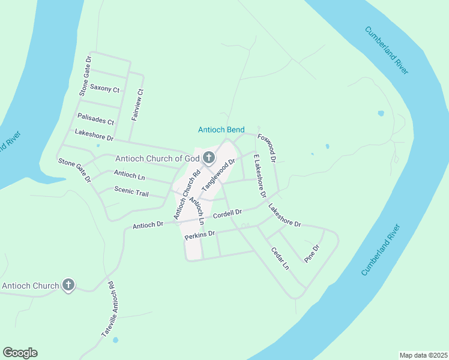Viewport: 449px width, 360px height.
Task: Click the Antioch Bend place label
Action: [220, 130]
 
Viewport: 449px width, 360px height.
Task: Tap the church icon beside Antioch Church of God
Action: [209, 158]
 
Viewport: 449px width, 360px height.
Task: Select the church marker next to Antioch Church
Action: [68, 286]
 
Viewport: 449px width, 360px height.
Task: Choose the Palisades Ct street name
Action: [96, 120]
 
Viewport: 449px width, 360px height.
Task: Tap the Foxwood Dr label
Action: [267, 148]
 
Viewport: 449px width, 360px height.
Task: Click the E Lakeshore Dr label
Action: [259, 176]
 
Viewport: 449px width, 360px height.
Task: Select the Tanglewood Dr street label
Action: [218, 175]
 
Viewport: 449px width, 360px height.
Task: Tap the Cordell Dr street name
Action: [227, 213]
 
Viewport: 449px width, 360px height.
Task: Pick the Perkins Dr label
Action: [199, 235]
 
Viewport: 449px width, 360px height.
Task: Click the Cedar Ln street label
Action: [280, 258]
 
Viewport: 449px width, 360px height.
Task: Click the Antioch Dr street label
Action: [148, 225]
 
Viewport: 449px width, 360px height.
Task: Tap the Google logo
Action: [20, 353]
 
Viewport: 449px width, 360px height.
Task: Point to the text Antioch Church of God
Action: [157, 158]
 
